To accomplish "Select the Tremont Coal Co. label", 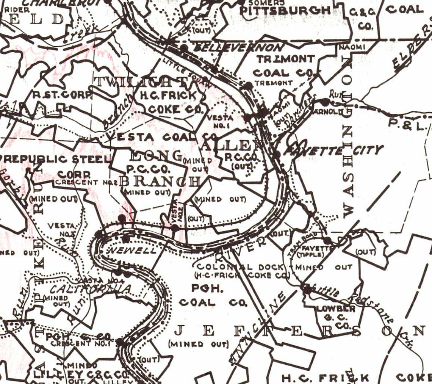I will coord(285,66).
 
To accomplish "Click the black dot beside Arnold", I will coord(325,102).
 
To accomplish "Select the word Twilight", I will coord(141,81).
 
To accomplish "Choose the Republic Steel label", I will coord(57,159).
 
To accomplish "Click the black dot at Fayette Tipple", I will coord(327,240).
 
